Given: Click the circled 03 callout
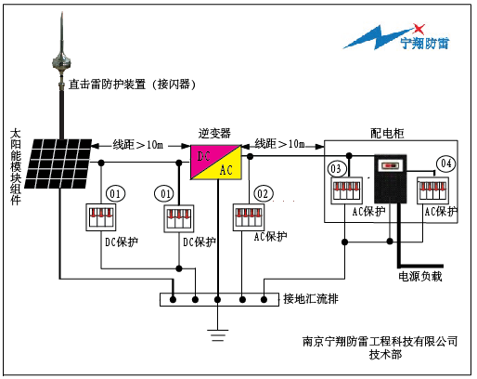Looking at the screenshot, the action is tap(336, 168).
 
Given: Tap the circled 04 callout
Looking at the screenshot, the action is tap(445, 163).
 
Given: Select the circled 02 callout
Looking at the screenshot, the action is tap(264, 194).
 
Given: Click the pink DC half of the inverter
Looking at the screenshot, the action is tap(205, 157).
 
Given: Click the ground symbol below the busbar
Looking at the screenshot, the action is tap(218, 335).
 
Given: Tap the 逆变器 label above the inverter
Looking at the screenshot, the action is tap(214, 134).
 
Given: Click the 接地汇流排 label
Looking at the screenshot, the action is tap(311, 299).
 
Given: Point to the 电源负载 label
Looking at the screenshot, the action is tap(420, 276).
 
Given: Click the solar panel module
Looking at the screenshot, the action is tap(58, 163).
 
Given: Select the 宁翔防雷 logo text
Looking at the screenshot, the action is tap(425, 43).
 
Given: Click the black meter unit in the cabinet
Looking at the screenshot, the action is tap(390, 178).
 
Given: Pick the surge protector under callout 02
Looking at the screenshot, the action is tap(249, 217).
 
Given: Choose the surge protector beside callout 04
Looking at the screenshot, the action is tap(432, 190).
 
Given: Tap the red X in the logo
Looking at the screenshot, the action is tap(419, 29).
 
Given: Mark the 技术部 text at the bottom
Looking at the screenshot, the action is tap(385, 355).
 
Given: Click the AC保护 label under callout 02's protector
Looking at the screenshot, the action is tap(270, 237).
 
